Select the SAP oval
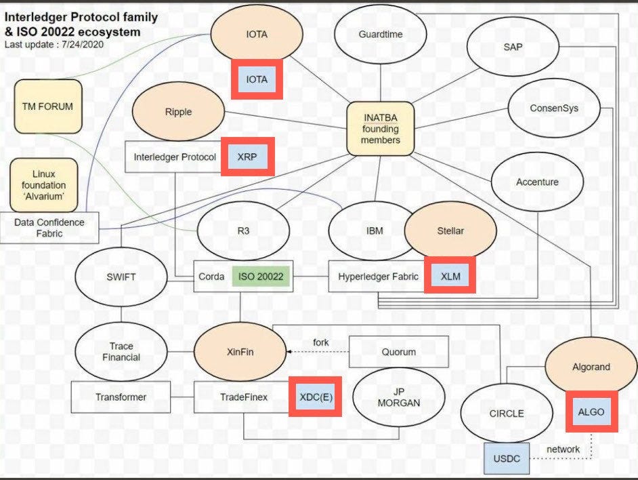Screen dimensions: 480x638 coord(512,47)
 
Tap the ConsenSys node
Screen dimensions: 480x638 coord(554,108)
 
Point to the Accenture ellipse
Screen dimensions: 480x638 coord(537,182)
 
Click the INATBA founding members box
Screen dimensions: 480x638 coord(380,129)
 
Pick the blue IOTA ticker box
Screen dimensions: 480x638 coord(257,79)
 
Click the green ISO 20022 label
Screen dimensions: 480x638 coord(261,277)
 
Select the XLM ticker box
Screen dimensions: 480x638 coord(450,277)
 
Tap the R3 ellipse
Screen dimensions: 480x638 coord(243,231)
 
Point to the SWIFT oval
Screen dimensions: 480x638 coord(121,277)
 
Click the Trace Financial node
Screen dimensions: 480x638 coord(121,351)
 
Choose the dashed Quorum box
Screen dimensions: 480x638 coord(399,352)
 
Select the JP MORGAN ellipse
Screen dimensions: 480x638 coord(399,397)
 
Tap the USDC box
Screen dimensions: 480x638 coord(507,458)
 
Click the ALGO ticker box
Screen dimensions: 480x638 coord(591,412)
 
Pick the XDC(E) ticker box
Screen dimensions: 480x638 coord(316,397)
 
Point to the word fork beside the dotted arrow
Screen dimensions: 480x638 coord(321,342)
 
